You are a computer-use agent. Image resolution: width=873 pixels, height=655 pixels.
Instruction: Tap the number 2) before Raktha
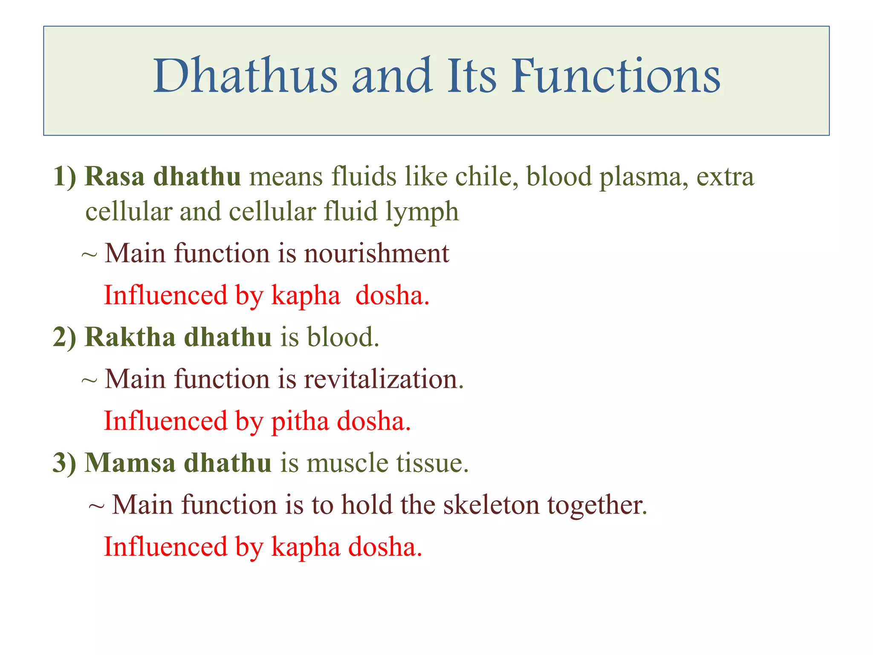point(65,337)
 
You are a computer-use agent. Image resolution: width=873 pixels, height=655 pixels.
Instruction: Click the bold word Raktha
point(130,337)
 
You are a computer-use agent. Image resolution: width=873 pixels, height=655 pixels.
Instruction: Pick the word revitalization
point(383,379)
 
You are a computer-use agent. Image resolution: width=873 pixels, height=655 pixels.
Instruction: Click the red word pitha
point(300,421)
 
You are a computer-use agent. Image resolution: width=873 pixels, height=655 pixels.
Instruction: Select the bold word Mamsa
point(130,463)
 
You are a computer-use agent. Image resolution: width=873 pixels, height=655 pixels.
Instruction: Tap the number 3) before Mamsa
point(65,463)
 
